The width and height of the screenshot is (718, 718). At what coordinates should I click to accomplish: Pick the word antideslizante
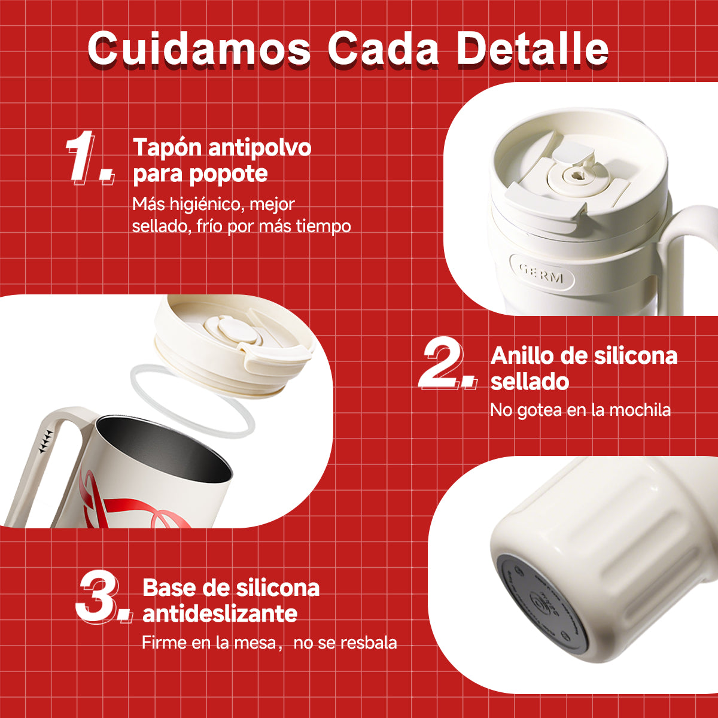pyautogui.click(x=220, y=614)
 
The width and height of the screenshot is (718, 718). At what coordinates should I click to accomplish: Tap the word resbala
pyautogui.click(x=369, y=643)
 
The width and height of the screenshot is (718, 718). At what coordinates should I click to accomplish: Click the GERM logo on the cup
pyautogui.click(x=541, y=276)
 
